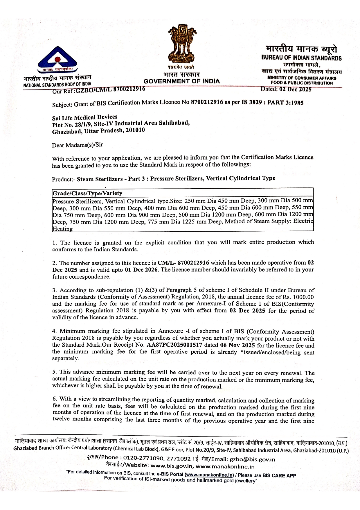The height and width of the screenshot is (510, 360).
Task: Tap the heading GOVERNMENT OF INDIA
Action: pyautogui.click(x=182, y=81)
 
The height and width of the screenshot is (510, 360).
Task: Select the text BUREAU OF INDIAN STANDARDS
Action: pyautogui.click(x=301, y=58)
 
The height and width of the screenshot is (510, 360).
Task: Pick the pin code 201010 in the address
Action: pyautogui.click(x=136, y=130)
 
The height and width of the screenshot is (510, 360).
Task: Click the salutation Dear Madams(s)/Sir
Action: pyautogui.click(x=78, y=145)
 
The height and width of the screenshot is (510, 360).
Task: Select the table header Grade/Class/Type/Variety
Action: pyautogui.click(x=87, y=193)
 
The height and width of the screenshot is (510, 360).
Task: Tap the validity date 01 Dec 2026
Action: pyautogui.click(x=141, y=269)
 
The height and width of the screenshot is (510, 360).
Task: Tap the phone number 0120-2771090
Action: pyautogui.click(x=143, y=458)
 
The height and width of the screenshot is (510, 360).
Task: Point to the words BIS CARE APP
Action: pyautogui.click(x=279, y=475)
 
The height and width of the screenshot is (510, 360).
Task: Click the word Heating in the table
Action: pyautogui.click(x=62, y=229)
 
